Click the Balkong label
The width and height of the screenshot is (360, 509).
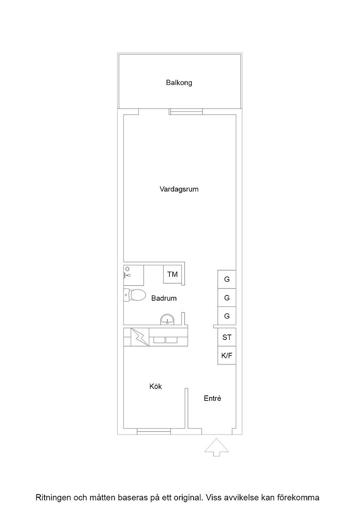(179, 83)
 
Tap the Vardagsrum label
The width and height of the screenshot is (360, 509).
(179, 189)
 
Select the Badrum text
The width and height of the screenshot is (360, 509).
(164, 298)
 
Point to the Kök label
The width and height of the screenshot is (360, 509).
(155, 386)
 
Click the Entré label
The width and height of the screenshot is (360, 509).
(213, 398)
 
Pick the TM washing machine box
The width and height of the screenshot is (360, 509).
(173, 274)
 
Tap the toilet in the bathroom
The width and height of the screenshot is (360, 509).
(134, 295)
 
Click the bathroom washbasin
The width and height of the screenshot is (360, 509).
(168, 320)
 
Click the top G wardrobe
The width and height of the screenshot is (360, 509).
(227, 279)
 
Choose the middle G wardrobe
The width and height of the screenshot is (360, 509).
(227, 298)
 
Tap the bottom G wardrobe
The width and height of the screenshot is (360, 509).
(227, 316)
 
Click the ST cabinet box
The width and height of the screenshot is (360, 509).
(227, 337)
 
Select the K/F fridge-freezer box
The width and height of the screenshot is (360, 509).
(227, 355)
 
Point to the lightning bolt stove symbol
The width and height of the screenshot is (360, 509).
(140, 337)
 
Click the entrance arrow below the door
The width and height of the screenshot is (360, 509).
(216, 447)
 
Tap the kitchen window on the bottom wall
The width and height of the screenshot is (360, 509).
(154, 431)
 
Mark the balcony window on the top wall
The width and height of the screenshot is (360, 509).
(185, 112)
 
